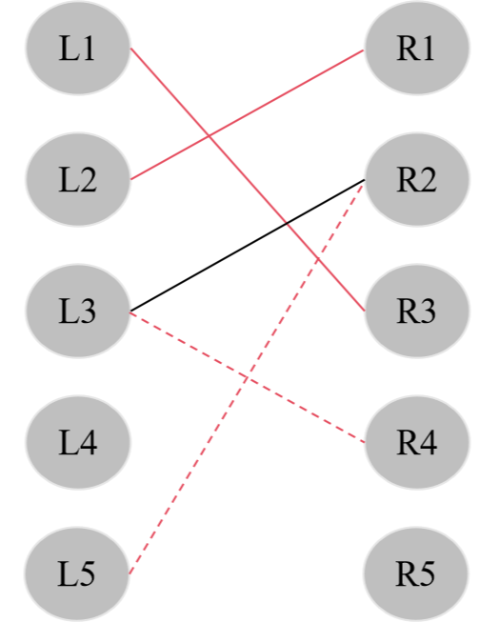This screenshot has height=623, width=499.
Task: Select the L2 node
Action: pos(77,179)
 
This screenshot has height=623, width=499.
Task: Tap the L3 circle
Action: pos(77,311)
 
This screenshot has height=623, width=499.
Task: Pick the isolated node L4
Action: pos(77,443)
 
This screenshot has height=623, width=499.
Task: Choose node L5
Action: pos(77,574)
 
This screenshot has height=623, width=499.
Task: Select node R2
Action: pos(416,179)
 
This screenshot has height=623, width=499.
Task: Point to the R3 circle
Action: pos(416,311)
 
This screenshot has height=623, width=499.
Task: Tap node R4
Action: pos(416,443)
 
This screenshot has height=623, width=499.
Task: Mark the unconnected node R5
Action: pos(416,574)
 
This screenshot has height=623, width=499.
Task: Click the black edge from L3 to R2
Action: pos(190,277)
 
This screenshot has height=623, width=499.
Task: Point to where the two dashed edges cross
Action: pos(247,376)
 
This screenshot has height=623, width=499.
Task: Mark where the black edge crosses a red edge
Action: pos(287,224)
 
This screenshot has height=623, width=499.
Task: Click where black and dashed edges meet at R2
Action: pos(364,180)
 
